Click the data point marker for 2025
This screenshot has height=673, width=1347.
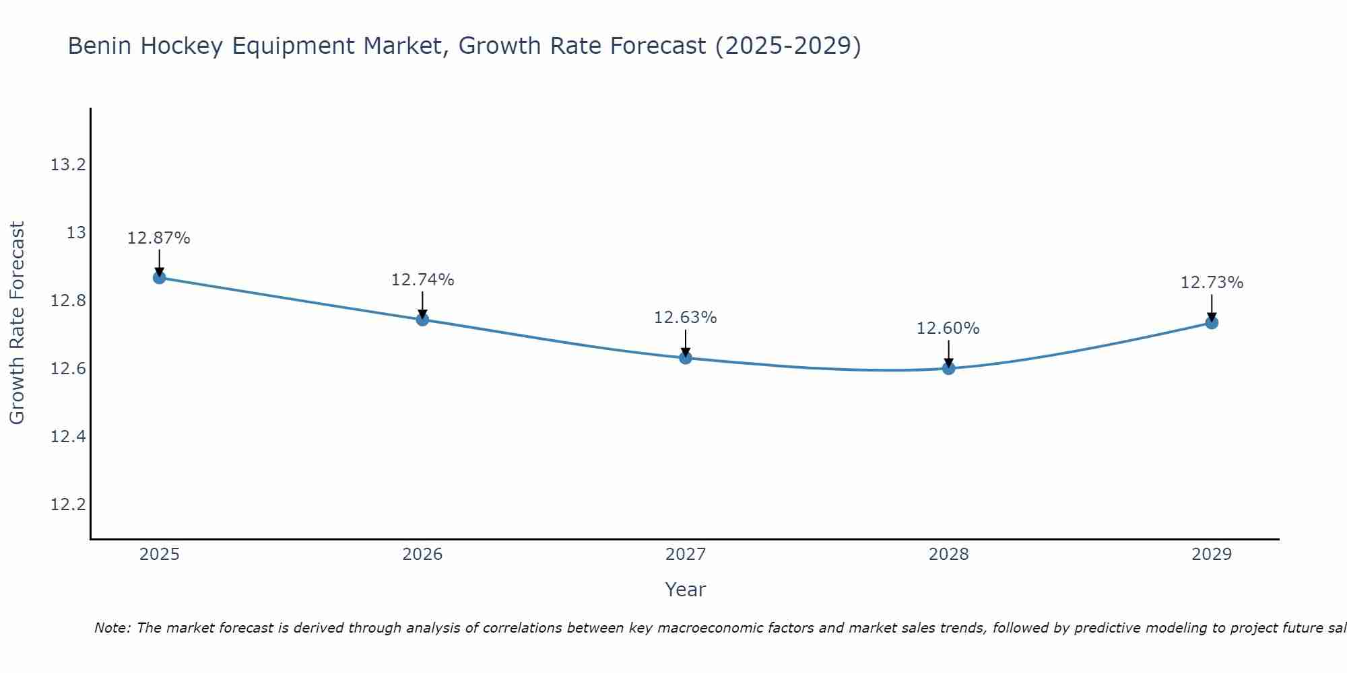(x=160, y=277)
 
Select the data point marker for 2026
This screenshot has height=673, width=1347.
(x=422, y=319)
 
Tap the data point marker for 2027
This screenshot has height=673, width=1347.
(x=686, y=357)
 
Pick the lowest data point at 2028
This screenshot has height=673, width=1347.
(x=948, y=368)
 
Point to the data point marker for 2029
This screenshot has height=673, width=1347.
(x=1212, y=322)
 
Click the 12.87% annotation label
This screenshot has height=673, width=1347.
(x=159, y=238)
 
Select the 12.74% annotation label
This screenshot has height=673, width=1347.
(x=422, y=280)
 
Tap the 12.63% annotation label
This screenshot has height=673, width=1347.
(x=686, y=318)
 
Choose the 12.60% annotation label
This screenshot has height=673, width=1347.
(x=948, y=328)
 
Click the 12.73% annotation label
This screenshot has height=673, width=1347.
(x=1212, y=283)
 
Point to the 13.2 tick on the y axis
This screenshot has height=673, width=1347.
(x=69, y=165)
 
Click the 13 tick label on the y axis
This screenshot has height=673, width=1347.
(x=76, y=233)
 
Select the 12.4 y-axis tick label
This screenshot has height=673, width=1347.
(x=69, y=437)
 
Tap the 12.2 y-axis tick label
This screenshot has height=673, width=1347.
(x=69, y=505)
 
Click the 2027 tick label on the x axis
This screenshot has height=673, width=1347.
(x=686, y=555)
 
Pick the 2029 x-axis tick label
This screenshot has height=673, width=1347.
(x=1212, y=555)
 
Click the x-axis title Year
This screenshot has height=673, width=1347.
(x=686, y=590)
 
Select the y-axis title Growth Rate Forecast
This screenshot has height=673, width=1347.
(x=18, y=322)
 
